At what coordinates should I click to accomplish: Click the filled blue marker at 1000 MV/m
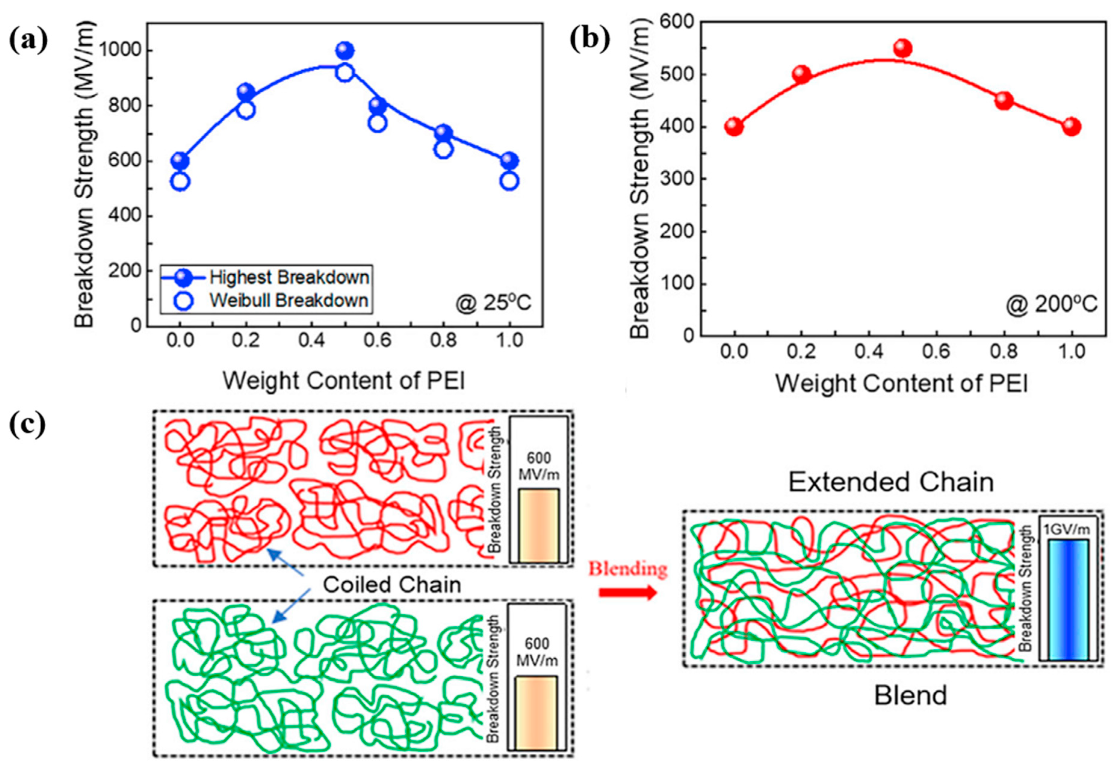pyautogui.click(x=345, y=50)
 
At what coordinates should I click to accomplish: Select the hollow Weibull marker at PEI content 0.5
pyautogui.click(x=345, y=73)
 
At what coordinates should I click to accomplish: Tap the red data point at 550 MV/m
pyautogui.click(x=903, y=48)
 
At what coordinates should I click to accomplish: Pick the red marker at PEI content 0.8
pyautogui.click(x=1004, y=101)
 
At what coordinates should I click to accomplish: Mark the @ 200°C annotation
pyautogui.click(x=1051, y=304)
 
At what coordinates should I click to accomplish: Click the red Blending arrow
pyautogui.click(x=628, y=592)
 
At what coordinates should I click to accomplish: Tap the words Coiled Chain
pyautogui.click(x=392, y=585)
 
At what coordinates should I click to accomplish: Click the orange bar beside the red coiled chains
pyautogui.click(x=538, y=526)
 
